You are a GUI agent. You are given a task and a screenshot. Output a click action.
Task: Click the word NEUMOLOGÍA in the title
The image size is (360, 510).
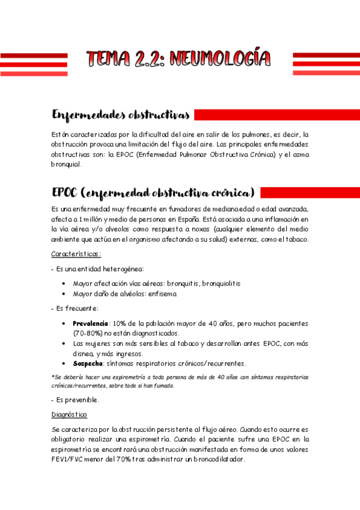pos(220,59)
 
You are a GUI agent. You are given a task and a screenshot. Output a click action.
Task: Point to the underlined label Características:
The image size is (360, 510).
pos(76,254)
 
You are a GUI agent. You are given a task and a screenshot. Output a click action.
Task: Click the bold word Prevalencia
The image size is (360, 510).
pos(91,323)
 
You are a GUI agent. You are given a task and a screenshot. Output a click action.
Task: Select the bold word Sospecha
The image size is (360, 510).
pos(88,363)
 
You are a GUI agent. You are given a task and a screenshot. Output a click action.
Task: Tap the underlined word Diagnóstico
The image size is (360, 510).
pos(69,415)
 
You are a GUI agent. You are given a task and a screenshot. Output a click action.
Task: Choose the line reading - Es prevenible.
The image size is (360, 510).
pos(76,400)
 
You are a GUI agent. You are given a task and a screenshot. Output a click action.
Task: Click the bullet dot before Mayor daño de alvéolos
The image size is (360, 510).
pos(64,293)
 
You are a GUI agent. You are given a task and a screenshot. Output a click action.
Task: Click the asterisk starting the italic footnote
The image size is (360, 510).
pos(53,377)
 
